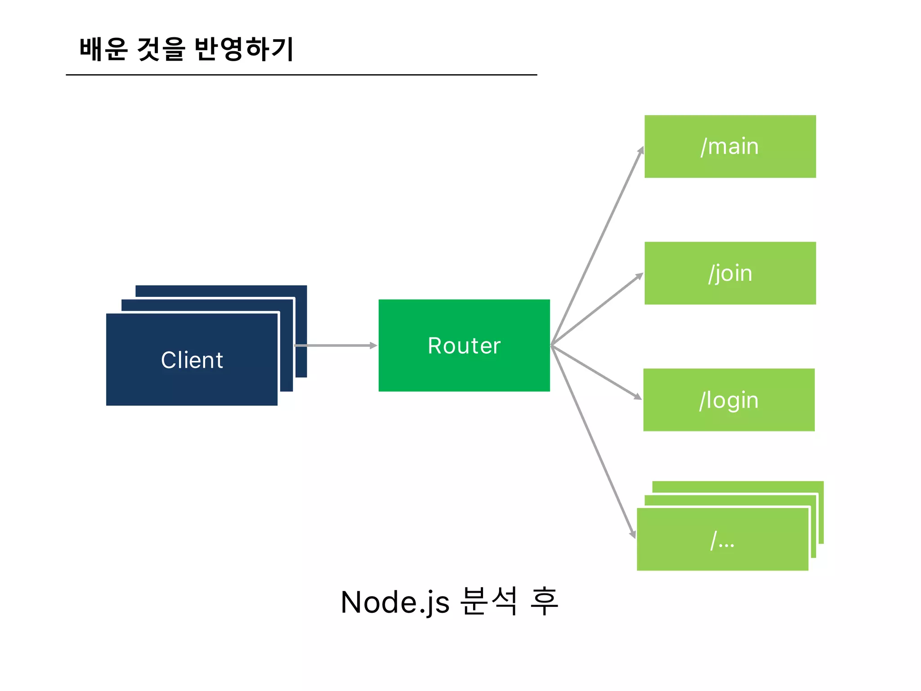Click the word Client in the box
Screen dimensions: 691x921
tap(192, 360)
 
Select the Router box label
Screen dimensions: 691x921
tap(464, 345)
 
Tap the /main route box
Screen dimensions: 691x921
tap(730, 147)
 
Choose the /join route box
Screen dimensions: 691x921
tap(730, 273)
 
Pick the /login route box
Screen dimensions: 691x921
tap(729, 400)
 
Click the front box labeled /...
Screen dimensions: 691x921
tap(722, 540)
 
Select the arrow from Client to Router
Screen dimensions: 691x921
tap(335, 345)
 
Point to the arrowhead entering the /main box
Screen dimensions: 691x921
tap(641, 150)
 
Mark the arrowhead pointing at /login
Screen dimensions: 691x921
tap(638, 397)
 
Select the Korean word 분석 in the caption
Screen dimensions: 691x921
tap(489, 601)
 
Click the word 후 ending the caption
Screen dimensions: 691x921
tap(544, 601)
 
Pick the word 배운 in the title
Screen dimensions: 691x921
tap(104, 49)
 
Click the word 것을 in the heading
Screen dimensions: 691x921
tap(161, 49)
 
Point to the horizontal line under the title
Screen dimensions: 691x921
tap(301, 75)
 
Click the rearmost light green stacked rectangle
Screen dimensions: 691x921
tap(738, 487)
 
